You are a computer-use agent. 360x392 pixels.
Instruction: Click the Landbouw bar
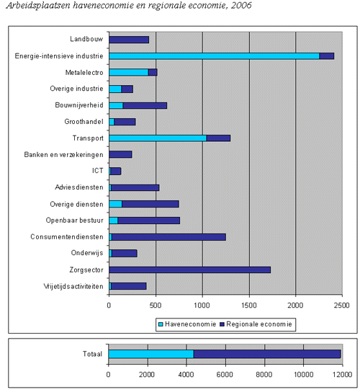pos(129,40)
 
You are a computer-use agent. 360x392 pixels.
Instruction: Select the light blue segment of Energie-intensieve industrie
pos(214,56)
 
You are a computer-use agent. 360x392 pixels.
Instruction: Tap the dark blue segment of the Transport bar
pos(218,138)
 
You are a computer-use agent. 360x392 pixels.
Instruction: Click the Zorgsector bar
pos(190,270)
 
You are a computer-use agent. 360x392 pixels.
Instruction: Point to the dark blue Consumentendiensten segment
pos(169,237)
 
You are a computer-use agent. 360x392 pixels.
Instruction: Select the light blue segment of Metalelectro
pos(129,73)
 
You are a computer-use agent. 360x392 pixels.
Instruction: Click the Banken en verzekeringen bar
pos(120,154)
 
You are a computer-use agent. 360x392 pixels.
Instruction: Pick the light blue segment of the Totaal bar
pos(151,354)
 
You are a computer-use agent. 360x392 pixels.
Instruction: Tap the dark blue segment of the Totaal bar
pos(267,354)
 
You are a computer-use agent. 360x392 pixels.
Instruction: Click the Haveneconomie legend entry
pos(187,324)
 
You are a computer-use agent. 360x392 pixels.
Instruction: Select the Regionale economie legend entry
pos(256,324)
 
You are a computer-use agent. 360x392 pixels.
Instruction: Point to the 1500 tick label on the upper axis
pos(249,306)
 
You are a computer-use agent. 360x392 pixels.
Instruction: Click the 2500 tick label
pos(342,306)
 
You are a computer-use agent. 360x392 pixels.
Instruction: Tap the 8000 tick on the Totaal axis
pos(264,374)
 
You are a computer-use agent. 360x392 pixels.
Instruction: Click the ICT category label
pos(98,171)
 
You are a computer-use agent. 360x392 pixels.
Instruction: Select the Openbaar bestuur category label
pos(74,220)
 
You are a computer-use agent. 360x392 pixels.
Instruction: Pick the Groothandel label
pos(84,122)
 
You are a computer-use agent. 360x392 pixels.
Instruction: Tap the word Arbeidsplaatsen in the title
pos(38,6)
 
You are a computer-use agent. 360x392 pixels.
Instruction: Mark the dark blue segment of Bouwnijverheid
pos(145,105)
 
